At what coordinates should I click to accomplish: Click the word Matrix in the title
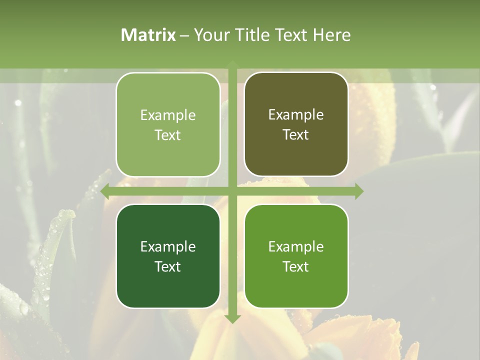148,35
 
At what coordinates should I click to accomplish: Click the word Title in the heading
251,35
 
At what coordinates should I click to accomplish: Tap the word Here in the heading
331,35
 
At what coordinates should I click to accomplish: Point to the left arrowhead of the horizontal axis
105,191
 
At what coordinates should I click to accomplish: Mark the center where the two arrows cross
232,191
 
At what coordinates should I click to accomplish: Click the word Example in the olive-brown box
296,115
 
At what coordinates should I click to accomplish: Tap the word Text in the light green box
168,135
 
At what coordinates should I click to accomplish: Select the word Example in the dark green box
168,246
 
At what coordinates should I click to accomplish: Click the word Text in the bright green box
296,266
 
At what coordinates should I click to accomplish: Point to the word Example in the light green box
168,115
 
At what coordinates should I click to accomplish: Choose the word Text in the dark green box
168,266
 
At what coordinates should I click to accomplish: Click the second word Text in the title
291,35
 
